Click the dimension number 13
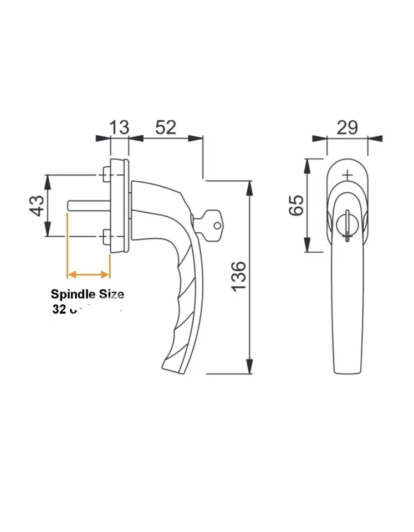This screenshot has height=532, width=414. [x=119, y=127]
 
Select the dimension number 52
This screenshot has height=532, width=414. [x=165, y=127]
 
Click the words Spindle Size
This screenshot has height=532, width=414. [x=88, y=294]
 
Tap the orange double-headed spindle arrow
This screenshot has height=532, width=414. [x=88, y=274]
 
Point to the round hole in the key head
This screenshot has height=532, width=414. [x=217, y=226]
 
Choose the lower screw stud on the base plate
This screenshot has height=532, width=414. [x=106, y=238]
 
